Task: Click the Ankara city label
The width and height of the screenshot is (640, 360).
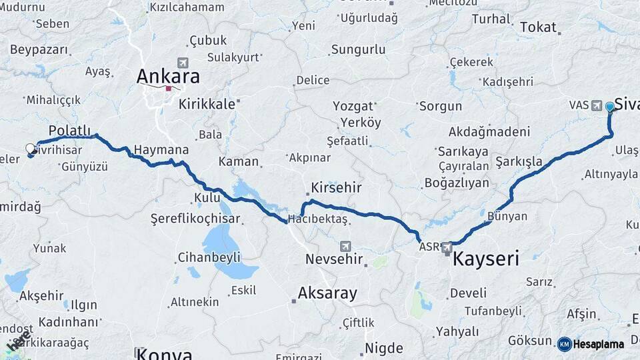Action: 167,75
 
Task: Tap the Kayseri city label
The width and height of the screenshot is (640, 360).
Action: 485,258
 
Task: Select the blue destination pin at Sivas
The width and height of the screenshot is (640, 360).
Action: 609,107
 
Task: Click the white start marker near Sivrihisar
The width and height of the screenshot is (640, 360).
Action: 30,148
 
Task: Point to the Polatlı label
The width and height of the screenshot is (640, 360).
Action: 69,129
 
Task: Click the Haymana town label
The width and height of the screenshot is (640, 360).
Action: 161,150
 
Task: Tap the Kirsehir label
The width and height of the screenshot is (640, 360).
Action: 335,188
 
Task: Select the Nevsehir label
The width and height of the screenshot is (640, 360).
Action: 333,259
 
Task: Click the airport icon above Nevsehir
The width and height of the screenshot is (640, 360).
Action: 345,245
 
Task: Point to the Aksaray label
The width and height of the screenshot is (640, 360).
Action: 327,293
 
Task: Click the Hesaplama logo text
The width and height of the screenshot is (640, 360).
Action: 597,345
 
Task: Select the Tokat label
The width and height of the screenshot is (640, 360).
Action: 537,27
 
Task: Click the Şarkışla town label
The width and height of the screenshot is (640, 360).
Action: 519,161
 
